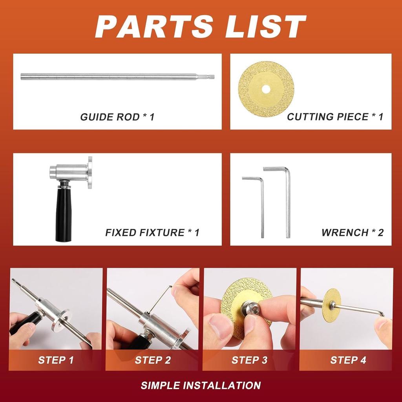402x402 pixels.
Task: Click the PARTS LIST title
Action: coord(201,27)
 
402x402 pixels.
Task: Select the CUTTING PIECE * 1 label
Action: coord(335,117)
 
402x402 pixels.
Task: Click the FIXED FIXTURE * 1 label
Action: coord(152,232)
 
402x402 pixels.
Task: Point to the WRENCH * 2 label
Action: coord(352,232)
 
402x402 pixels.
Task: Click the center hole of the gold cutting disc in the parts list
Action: coord(266,89)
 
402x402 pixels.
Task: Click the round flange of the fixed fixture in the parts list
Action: coord(90,173)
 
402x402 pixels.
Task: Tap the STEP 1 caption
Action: coord(56,360)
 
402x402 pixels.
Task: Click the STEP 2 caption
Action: coord(153,360)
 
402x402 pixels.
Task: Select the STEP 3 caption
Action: coord(249,360)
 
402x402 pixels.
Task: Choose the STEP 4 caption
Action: coord(348,360)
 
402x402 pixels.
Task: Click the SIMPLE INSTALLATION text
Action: coord(201,386)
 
